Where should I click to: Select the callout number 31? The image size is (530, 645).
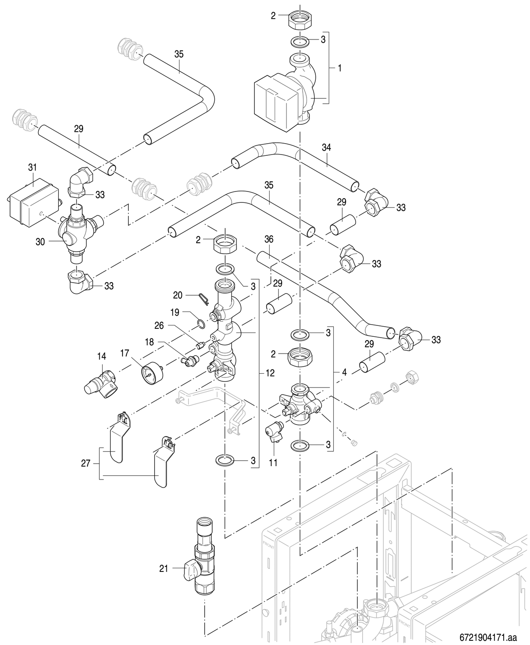pos(32,167)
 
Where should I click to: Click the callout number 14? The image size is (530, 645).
pos(101,356)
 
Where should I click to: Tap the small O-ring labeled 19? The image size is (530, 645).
pos(201,323)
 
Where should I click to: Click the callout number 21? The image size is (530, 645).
pos(164,569)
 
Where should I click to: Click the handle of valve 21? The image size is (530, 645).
pos(191,570)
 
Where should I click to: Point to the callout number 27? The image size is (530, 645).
pos(86,464)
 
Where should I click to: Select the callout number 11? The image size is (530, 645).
pos(273,463)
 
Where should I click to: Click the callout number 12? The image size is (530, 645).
pos(270,372)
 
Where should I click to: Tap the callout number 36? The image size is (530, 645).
pos(269,239)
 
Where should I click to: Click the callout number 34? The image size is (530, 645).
pos(326,147)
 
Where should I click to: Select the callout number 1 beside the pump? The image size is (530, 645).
pos(339,68)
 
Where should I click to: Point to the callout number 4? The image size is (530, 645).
pos(344,372)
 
